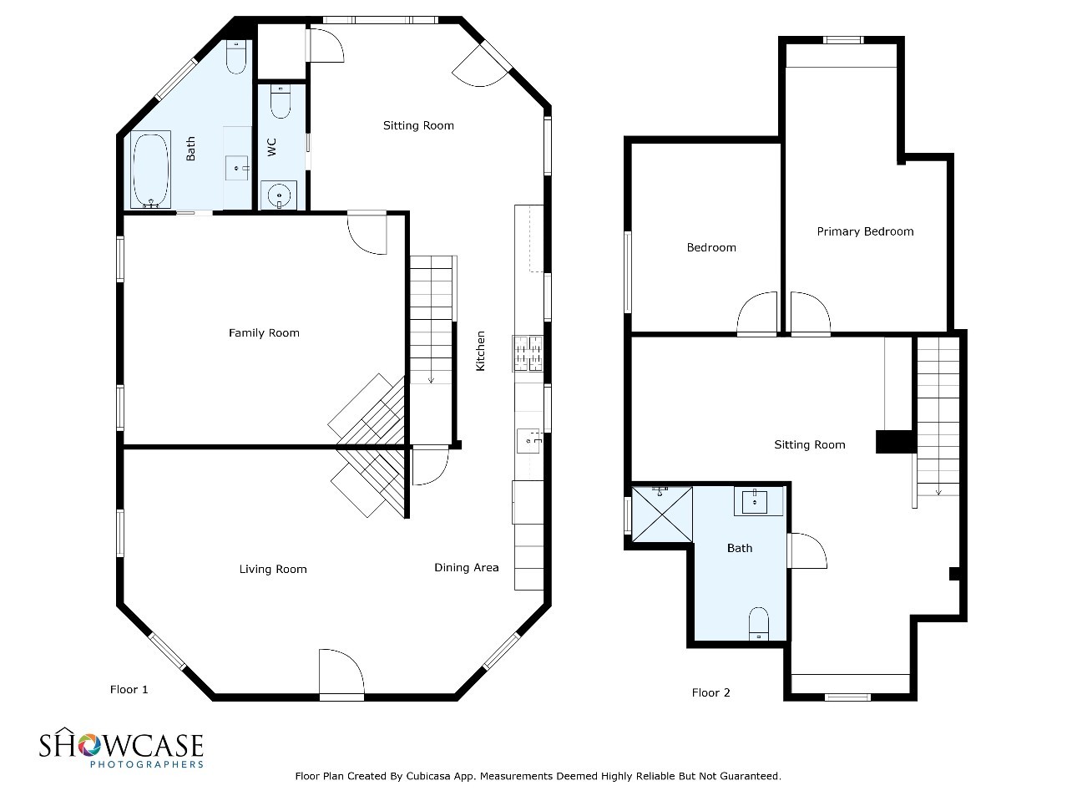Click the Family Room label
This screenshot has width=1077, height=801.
[x=264, y=333]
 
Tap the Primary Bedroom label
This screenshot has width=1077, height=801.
[x=865, y=231]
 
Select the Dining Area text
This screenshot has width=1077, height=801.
[x=466, y=567]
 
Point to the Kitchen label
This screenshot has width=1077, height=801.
[x=480, y=351]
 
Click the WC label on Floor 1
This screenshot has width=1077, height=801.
[x=272, y=147]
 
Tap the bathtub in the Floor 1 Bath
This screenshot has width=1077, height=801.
[x=150, y=170]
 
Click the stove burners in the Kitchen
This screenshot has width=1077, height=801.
[x=528, y=353]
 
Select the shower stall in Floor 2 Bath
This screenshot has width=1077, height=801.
[x=661, y=514]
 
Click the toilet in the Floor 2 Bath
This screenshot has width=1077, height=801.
[x=758, y=623]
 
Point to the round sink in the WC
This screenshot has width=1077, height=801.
[x=279, y=195]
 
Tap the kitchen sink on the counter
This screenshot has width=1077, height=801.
[x=528, y=440]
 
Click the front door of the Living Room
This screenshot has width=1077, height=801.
[x=341, y=674]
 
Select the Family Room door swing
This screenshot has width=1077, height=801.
[x=367, y=232]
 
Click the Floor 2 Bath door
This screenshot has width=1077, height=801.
[x=806, y=550]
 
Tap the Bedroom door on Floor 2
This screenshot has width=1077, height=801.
[x=756, y=314]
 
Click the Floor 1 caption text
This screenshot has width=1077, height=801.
[x=129, y=689]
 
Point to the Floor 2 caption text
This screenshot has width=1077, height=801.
[x=710, y=692]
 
